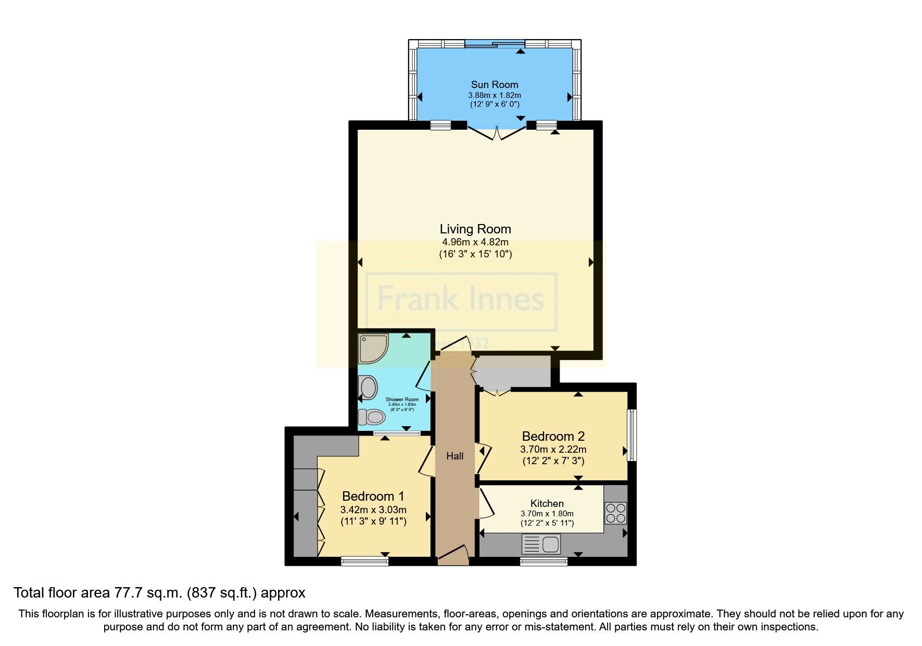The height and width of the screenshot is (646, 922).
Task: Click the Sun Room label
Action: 494,84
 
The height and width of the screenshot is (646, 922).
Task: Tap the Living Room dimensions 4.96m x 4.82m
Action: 475,242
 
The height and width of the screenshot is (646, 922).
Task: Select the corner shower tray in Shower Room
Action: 373,348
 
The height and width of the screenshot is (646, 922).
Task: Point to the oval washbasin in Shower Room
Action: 369,388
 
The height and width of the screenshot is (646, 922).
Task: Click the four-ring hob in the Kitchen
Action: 615,513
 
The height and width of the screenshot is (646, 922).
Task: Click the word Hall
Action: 454,456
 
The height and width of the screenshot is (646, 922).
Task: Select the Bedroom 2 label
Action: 553,436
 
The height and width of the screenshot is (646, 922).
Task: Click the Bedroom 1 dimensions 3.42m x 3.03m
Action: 373,510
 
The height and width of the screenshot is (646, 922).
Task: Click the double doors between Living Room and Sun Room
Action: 497,133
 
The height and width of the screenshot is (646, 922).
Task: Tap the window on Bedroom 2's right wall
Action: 632,435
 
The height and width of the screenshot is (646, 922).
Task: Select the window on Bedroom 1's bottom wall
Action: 364,561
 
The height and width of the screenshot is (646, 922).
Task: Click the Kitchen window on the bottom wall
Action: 544,561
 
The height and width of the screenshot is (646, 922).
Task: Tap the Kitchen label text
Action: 547,503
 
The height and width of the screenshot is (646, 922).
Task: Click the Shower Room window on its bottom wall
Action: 397,433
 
